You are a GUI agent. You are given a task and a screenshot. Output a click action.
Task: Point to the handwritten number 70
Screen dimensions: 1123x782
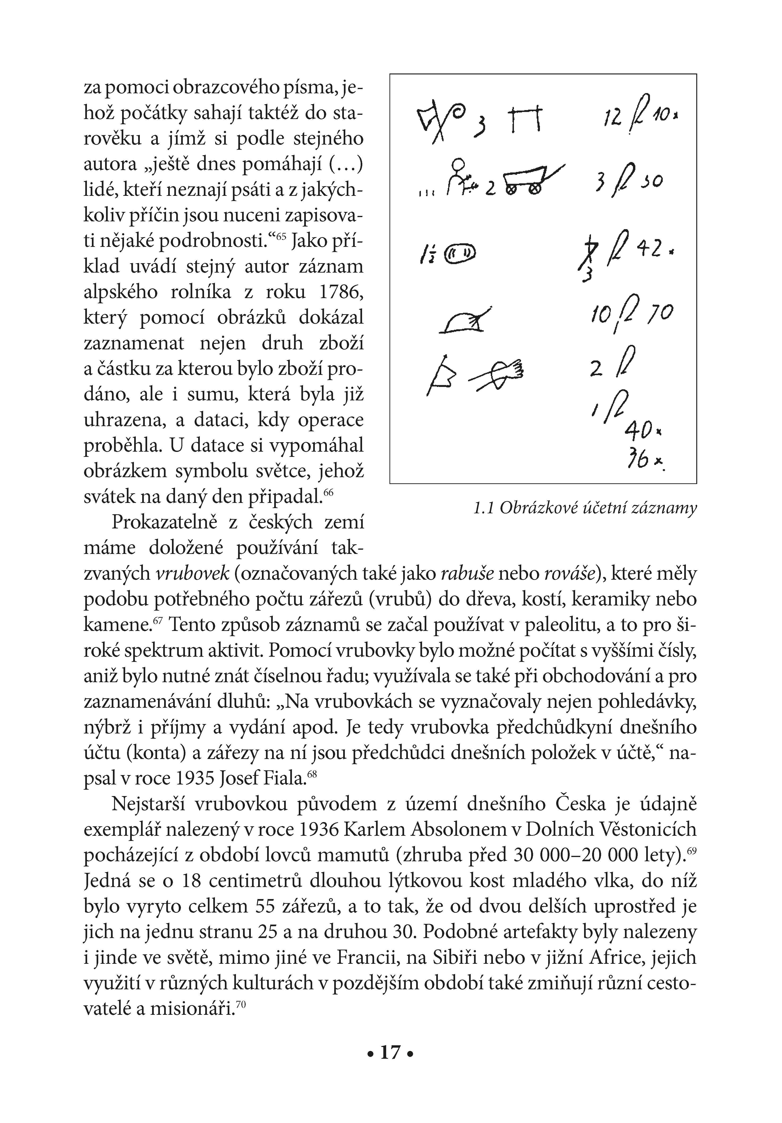(x=660, y=313)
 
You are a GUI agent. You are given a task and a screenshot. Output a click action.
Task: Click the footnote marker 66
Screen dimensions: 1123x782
(x=328, y=493)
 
